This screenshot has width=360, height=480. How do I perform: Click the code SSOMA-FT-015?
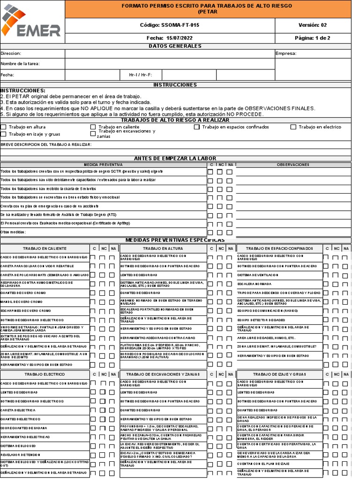[169, 25]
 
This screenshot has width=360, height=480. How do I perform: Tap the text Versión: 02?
[313, 25]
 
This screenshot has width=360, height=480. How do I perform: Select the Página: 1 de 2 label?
[313, 38]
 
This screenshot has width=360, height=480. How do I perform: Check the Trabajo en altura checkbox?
[4, 127]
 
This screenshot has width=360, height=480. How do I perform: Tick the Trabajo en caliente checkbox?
[93, 127]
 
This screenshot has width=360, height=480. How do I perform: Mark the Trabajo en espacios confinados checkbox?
[197, 127]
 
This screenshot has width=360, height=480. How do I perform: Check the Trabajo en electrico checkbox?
[293, 127]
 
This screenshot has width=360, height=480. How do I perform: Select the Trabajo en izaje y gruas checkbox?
[4, 134]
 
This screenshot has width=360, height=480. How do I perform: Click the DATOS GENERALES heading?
[175, 46]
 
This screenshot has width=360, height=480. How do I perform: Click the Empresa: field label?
[286, 53]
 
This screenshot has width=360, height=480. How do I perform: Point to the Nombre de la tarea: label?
[20, 64]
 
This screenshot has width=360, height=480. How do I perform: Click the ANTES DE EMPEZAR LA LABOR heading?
[175, 158]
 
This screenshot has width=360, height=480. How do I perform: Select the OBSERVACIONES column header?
[293, 165]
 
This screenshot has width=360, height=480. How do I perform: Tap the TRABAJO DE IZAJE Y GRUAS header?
[279, 375]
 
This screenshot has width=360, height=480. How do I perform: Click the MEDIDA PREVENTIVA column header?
[103, 165]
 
